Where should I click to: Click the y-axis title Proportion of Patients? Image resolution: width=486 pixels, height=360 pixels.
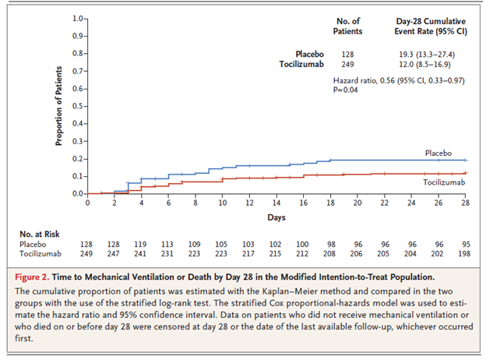[x=58, y=106]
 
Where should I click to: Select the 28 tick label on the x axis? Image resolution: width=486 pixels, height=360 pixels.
[x=465, y=203]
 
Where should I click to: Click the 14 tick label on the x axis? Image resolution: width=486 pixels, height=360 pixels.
[x=276, y=203]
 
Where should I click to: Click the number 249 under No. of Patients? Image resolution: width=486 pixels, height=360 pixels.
[x=347, y=63]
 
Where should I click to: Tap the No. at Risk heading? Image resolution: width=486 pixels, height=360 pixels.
[x=40, y=232]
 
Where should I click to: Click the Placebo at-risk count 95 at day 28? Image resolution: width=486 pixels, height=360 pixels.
[x=465, y=243]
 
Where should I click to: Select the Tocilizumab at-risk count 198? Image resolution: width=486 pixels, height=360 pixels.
[x=465, y=253]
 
